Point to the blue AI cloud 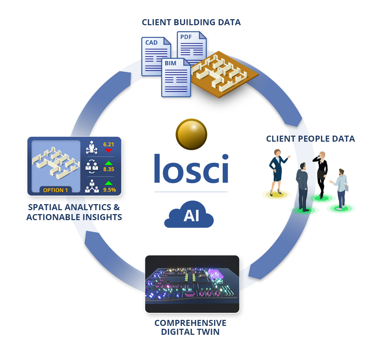(189, 216)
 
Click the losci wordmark (191, 169)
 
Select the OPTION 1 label (55, 190)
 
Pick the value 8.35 (108, 169)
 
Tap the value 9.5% (109, 190)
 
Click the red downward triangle (108, 151)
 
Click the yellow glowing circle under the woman (276, 195)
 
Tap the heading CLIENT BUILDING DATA (191, 23)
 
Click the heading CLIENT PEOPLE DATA (310, 139)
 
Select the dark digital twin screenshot (192, 284)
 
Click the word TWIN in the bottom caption (207, 332)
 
